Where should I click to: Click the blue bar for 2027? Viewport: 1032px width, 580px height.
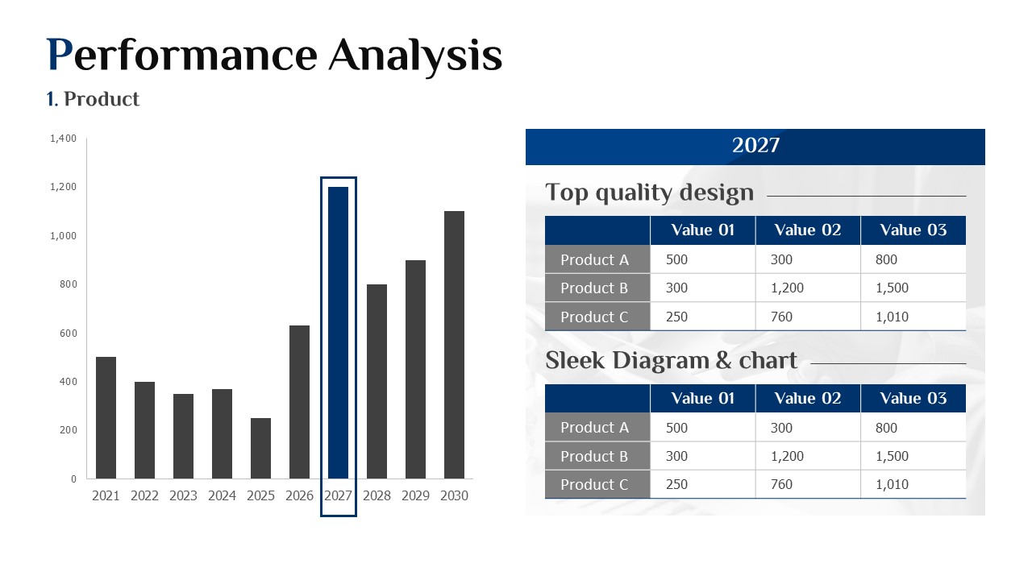(x=338, y=333)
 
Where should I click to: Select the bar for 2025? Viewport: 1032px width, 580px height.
(x=260, y=449)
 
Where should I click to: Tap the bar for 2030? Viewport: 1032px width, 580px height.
(x=454, y=345)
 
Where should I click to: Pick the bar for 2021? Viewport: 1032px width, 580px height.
(x=106, y=417)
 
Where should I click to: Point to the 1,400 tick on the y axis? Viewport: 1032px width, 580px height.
(x=63, y=138)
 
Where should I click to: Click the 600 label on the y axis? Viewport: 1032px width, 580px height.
(x=69, y=333)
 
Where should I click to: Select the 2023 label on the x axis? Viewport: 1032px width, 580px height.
(x=183, y=495)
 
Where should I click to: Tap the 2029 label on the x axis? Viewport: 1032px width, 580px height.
(x=415, y=495)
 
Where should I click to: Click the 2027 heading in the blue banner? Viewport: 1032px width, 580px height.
(x=755, y=146)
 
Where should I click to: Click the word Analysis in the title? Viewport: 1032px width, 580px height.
(x=415, y=56)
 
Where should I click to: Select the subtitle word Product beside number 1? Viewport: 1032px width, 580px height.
(x=102, y=99)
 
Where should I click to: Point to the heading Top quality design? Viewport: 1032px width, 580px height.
(x=650, y=193)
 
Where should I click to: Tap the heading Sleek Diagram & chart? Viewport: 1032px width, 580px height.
(x=672, y=360)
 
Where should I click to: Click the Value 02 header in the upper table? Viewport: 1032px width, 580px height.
(x=808, y=230)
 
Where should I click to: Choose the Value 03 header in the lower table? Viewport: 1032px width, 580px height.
(x=913, y=398)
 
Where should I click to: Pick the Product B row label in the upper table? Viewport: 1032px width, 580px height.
(x=594, y=288)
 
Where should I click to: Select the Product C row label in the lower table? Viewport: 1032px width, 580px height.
(x=594, y=485)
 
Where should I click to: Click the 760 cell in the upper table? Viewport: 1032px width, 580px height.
(x=781, y=317)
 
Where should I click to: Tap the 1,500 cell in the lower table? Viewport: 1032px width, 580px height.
(x=892, y=456)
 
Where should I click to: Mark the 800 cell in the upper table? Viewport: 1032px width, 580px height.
(x=886, y=259)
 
